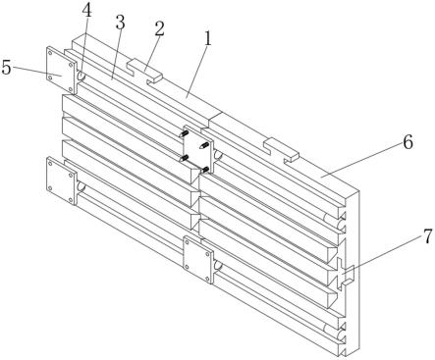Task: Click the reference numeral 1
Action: pyautogui.click(x=208, y=39)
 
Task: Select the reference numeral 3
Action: pyautogui.click(x=120, y=23)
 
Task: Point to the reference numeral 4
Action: pyautogui.click(x=86, y=11)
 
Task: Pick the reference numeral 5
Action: pyautogui.click(x=6, y=68)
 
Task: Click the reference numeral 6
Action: pyautogui.click(x=408, y=142)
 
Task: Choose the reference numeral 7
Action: pyautogui.click(x=428, y=236)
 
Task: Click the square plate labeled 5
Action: pyautogui.click(x=61, y=70)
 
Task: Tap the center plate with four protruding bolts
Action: pyautogui.click(x=198, y=148)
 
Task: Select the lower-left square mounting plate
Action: pyautogui.click(x=62, y=180)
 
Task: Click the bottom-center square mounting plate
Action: pyautogui.click(x=198, y=259)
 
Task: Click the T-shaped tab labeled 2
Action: pyautogui.click(x=144, y=72)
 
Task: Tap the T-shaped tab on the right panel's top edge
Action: pyautogui.click(x=282, y=150)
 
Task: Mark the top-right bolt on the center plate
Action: pyautogui.click(x=204, y=145)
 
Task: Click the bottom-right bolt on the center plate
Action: pyautogui.click(x=204, y=170)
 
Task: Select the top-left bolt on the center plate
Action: pyautogui.click(x=184, y=133)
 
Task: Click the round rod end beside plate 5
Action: pyautogui.click(x=82, y=76)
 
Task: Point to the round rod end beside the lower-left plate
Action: pyautogui.click(x=82, y=187)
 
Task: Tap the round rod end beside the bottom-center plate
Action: pyautogui.click(x=218, y=265)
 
